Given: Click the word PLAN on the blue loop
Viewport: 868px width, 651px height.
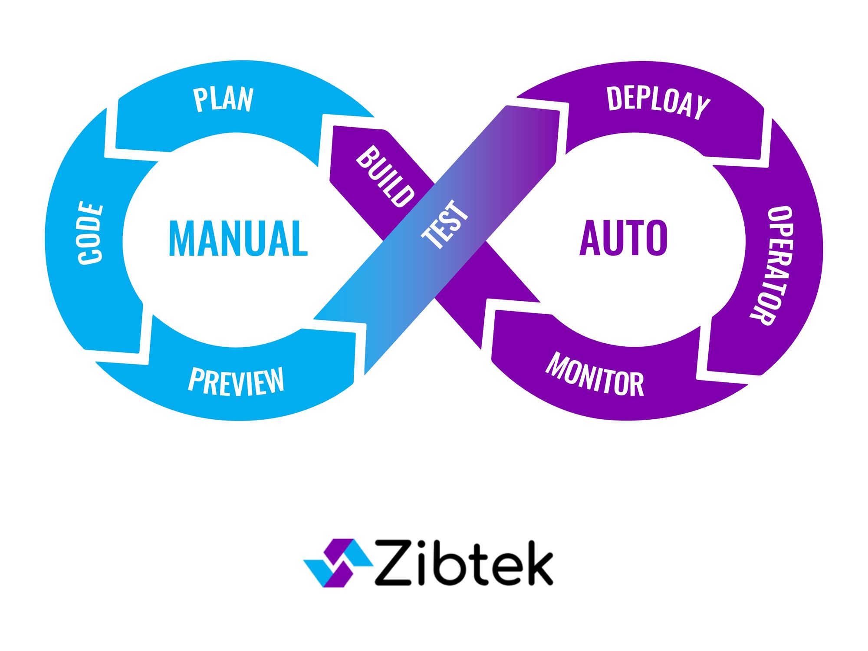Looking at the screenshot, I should [x=223, y=100].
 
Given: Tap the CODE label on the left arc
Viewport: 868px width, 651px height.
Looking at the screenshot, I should [x=91, y=233].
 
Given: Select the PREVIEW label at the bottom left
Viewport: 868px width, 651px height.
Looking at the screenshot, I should [x=236, y=381].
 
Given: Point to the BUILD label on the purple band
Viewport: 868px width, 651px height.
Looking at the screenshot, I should [x=385, y=177].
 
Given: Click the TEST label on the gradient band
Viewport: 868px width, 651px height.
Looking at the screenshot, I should [x=445, y=225].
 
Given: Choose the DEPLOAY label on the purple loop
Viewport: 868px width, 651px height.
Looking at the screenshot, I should [x=658, y=102].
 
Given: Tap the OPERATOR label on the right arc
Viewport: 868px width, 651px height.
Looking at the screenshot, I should [x=773, y=265].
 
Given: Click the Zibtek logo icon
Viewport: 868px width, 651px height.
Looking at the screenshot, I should [x=338, y=563].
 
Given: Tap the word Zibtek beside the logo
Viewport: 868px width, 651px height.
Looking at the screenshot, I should [x=464, y=563].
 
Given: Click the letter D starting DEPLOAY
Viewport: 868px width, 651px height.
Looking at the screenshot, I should [x=614, y=99].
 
